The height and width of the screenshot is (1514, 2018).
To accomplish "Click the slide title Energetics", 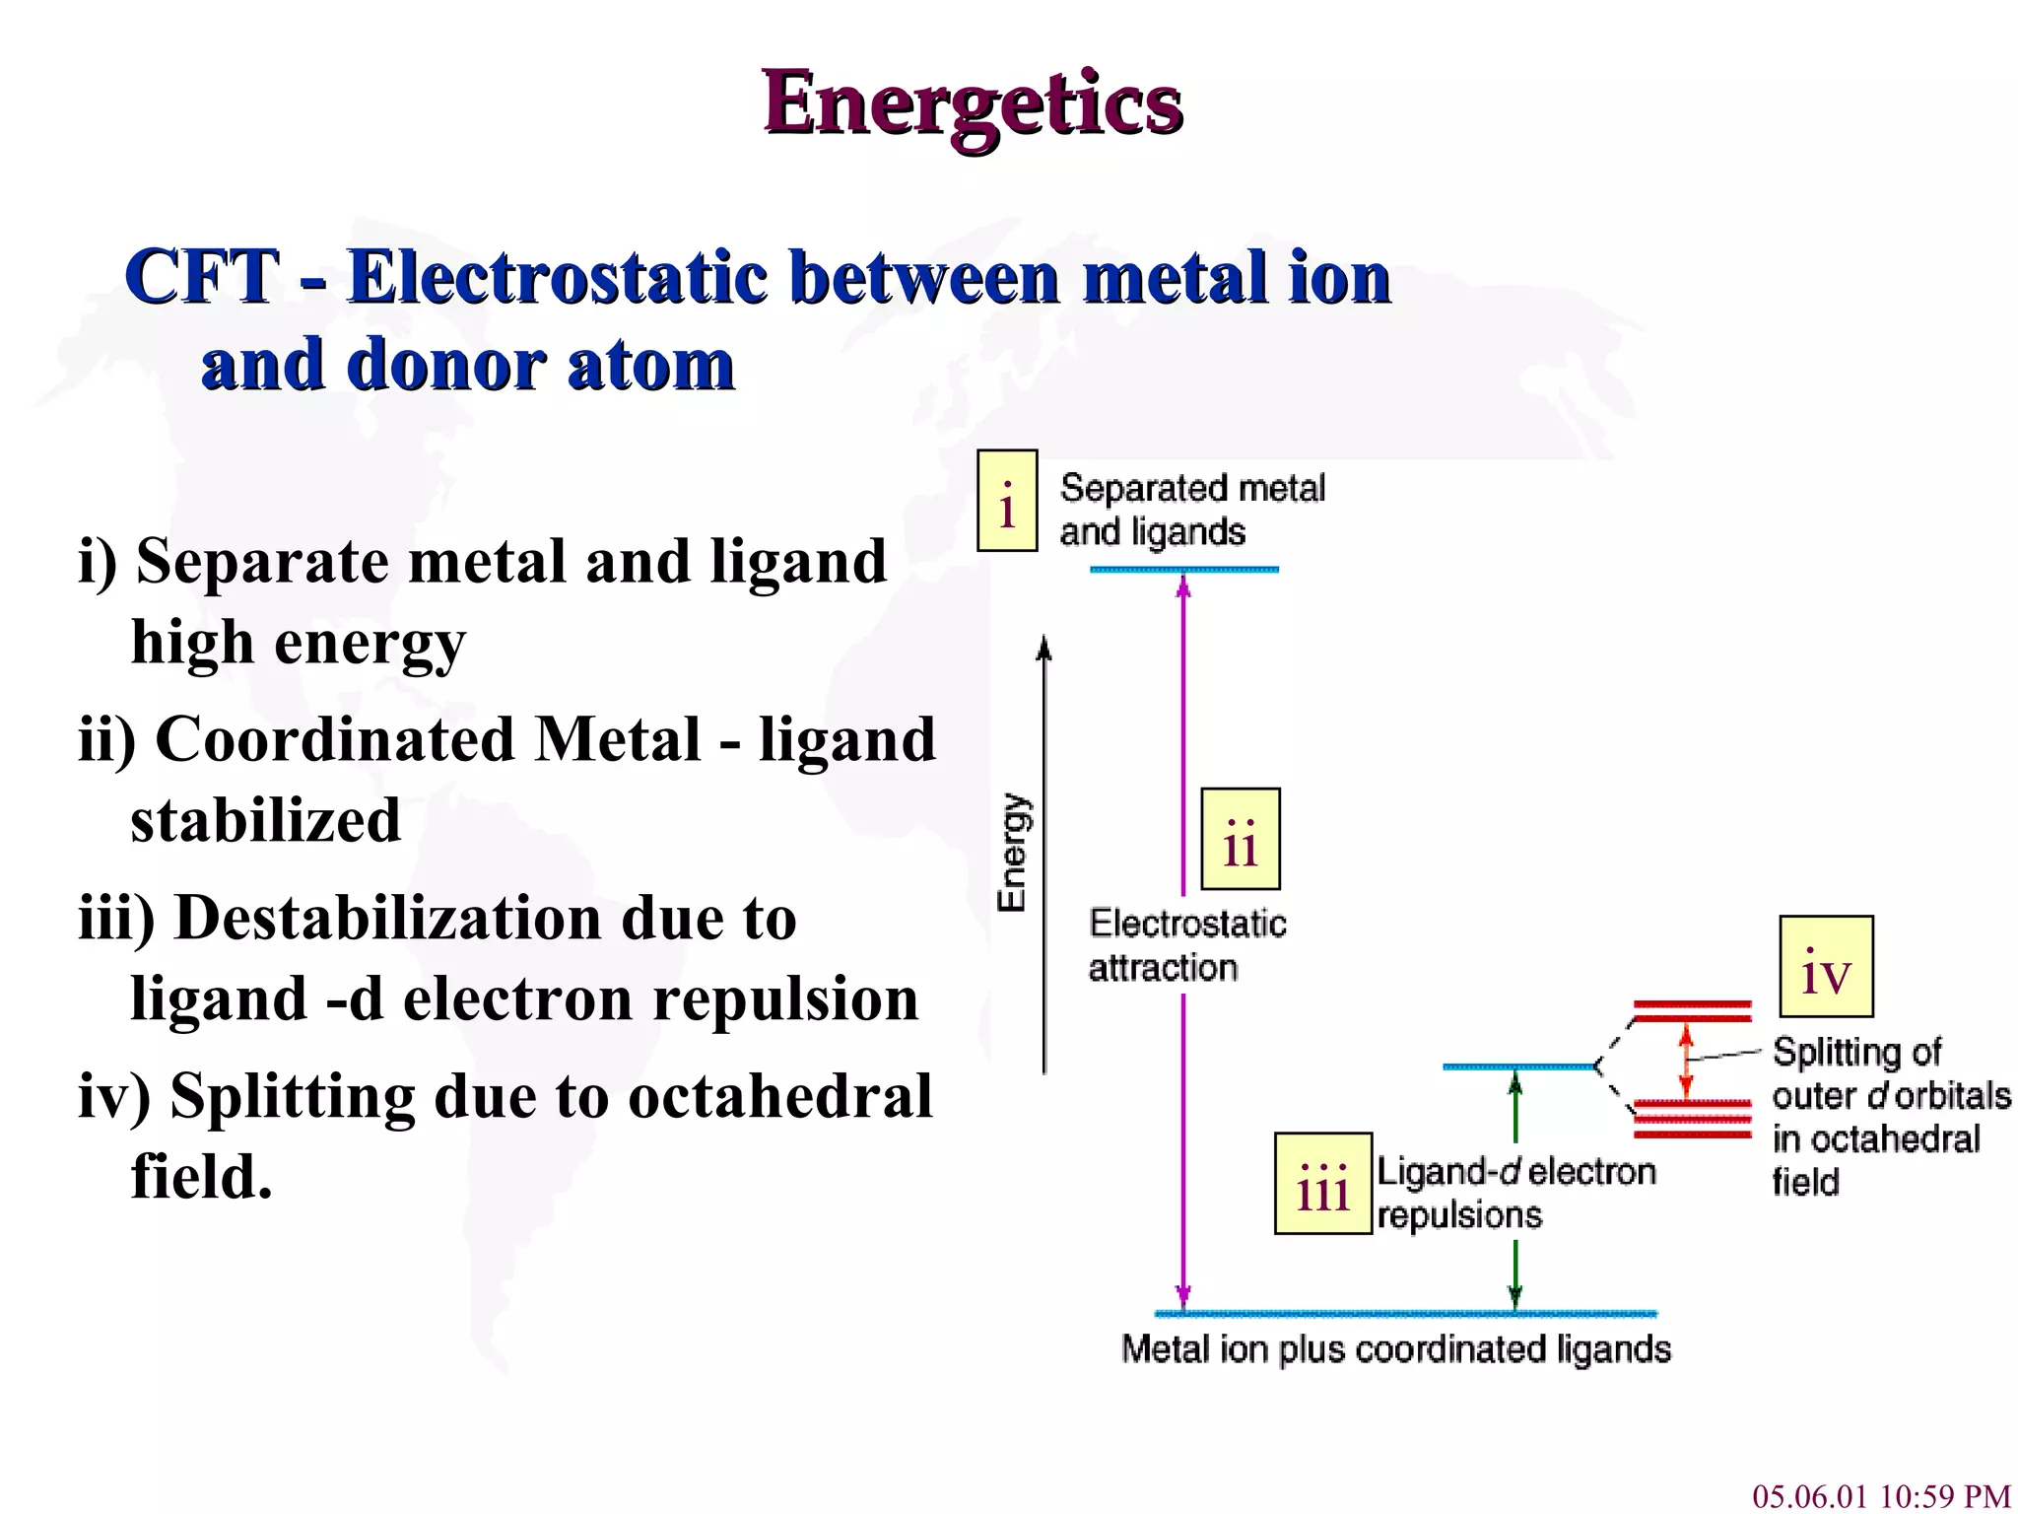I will tap(973, 103).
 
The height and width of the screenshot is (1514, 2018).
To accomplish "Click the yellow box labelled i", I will tap(1006, 501).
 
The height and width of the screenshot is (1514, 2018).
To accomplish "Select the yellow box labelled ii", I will tap(1240, 839).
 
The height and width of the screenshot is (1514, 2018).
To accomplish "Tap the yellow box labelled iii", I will tap(1322, 1183).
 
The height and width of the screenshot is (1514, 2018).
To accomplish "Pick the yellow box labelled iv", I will tap(1825, 967).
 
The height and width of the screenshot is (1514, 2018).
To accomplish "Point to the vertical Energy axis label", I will tap(1013, 853).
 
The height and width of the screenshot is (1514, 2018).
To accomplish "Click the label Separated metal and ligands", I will tap(1192, 510).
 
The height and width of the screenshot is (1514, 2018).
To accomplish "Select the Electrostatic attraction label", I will tap(1186, 945).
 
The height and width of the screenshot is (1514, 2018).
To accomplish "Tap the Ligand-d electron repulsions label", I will tap(1515, 1193).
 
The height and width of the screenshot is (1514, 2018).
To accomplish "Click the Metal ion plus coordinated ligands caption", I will tap(1396, 1348).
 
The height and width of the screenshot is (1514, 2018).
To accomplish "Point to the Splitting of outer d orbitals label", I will tap(1890, 1116).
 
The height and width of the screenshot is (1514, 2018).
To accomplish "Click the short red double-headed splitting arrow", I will tap(1686, 1061).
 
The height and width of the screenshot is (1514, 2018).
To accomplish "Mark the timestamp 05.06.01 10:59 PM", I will tap(1881, 1496).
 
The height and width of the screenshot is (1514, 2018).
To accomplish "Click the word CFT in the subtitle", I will tap(202, 277).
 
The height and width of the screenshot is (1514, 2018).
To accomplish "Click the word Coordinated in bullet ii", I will tap(335, 739).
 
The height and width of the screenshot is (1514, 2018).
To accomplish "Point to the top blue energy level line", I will tap(1184, 570).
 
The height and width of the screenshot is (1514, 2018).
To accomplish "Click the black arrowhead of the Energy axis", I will tap(1044, 648).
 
